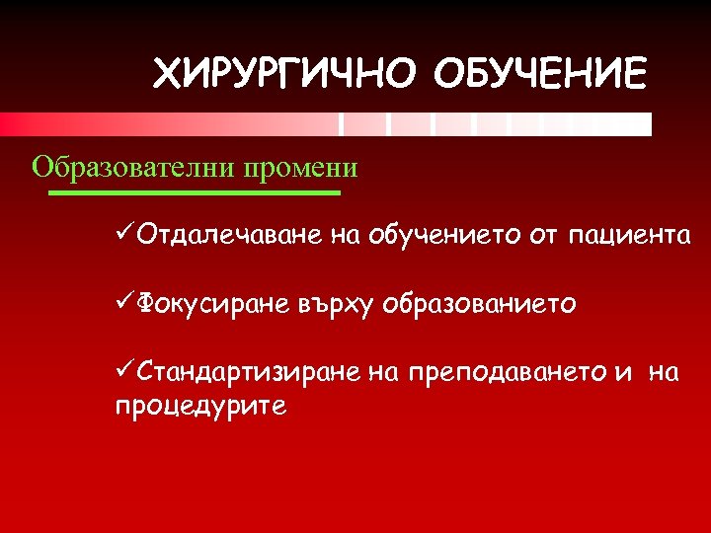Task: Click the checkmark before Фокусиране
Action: point(125,304)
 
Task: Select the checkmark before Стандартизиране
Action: point(125,372)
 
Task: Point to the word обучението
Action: point(446,236)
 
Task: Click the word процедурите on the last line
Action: point(200,407)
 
